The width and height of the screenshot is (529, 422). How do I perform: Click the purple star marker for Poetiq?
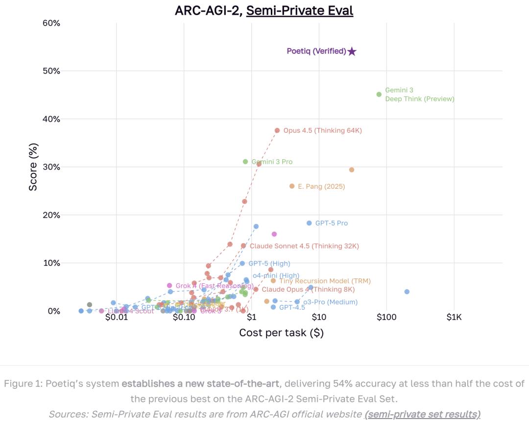[352, 51]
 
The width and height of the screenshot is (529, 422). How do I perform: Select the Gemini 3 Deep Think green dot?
[379, 94]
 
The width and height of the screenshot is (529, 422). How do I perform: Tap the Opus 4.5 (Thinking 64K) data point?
[277, 130]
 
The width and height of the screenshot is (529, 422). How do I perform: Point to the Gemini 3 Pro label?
[272, 162]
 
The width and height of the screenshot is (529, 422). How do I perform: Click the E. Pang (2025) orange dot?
[292, 186]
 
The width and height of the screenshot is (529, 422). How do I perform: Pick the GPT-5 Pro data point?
[309, 223]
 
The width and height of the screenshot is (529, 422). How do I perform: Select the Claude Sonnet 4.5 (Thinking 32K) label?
[304, 246]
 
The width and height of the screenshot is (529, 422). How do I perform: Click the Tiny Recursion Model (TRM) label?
[325, 281]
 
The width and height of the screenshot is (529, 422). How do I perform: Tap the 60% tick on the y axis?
[51, 23]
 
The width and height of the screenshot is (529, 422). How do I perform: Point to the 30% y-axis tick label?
[51, 167]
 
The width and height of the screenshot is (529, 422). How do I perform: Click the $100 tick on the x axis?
[386, 317]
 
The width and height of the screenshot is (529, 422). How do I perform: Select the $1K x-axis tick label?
[454, 317]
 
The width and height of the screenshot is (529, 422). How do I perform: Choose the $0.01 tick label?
[116, 317]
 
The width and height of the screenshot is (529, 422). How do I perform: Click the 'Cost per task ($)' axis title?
[281, 333]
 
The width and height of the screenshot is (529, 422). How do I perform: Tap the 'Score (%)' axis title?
[33, 167]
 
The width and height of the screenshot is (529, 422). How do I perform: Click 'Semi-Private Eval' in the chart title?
[299, 10]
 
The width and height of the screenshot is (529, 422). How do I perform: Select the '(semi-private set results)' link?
[422, 414]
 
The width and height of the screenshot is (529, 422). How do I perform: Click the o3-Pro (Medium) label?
[330, 302]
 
